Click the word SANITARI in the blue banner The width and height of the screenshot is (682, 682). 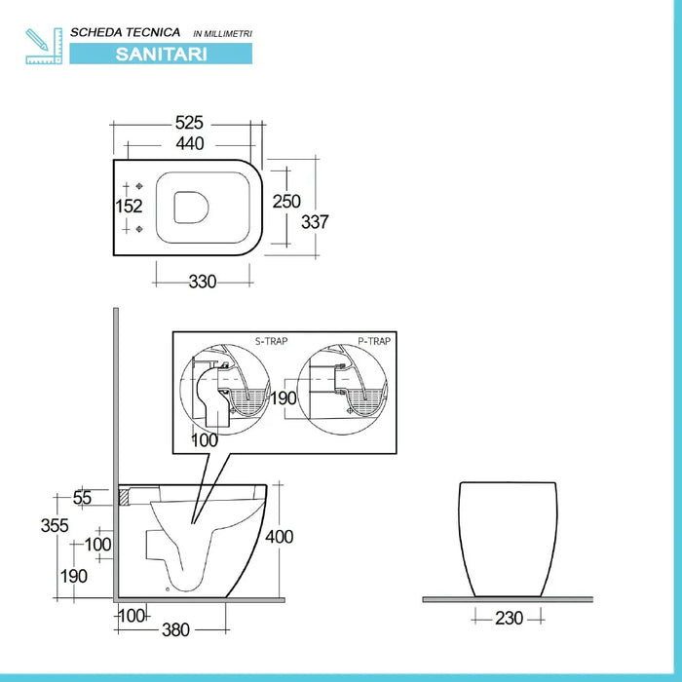point(161,54)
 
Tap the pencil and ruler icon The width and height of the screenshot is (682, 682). point(43,45)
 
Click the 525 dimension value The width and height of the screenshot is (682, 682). point(189,123)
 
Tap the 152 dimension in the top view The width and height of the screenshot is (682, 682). point(130,206)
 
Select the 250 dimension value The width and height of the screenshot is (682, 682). point(285,202)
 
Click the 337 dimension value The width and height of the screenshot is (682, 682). point(316,221)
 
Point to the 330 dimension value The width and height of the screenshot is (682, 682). point(202,282)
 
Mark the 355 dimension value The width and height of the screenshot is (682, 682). point(56,525)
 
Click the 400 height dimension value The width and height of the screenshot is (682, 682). point(279,536)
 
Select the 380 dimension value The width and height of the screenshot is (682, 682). point(175,629)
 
